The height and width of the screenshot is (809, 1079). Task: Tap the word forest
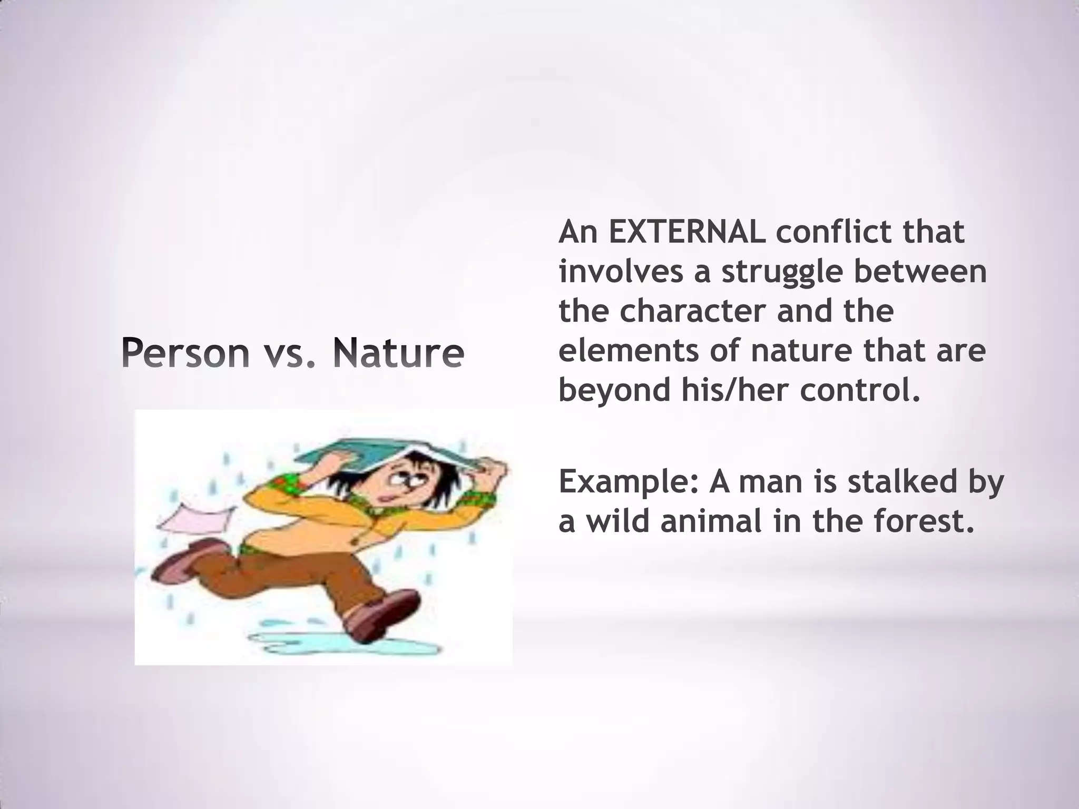click(x=923, y=521)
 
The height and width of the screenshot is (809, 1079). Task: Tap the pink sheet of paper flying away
click(x=195, y=516)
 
